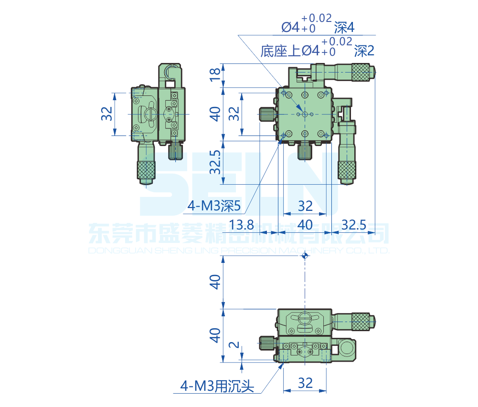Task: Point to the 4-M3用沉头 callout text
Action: coord(216,386)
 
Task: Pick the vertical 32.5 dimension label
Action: coord(215,162)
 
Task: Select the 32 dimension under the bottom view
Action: coord(305,383)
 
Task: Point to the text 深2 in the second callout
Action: coord(363,51)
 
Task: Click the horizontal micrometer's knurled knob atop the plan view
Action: coord(361,72)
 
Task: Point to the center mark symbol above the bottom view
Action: coord(305,256)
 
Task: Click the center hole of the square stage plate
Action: coord(305,114)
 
